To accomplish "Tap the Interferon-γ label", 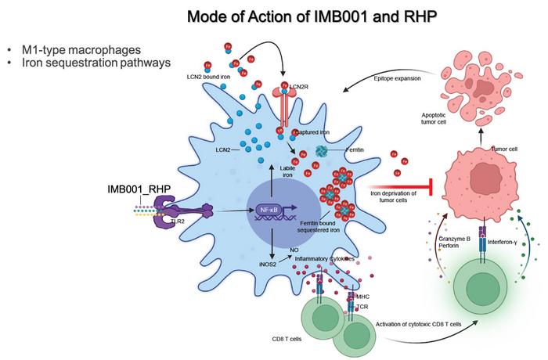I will (503, 243).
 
